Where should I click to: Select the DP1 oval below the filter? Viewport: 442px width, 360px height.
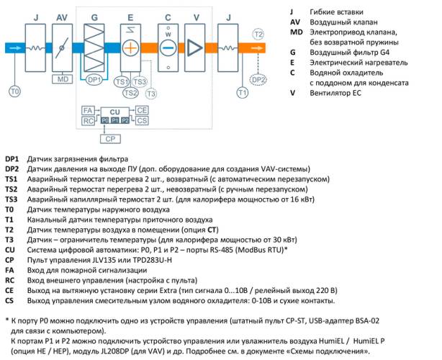93,81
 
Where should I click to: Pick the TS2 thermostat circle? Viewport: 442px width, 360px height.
130,92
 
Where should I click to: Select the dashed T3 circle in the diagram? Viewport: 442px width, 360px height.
150,93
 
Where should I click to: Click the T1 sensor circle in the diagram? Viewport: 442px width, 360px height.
243,93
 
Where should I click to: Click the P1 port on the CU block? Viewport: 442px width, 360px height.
115,120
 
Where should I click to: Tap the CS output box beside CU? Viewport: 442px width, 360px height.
143,120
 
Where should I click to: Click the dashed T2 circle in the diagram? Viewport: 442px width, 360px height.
258,35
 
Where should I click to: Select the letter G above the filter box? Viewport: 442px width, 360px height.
94,17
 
